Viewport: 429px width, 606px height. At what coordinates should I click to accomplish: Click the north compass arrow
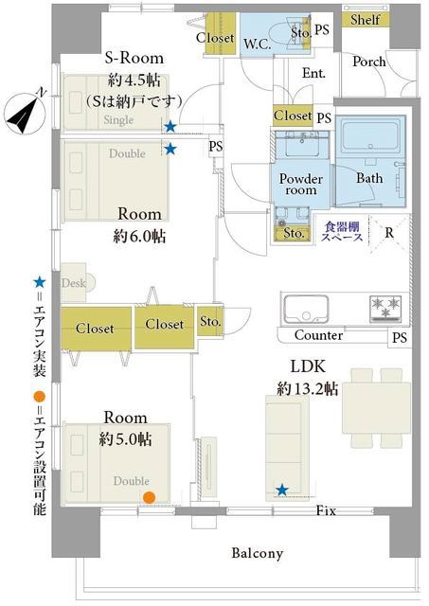25,112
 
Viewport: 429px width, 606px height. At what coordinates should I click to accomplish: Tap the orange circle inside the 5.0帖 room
149,497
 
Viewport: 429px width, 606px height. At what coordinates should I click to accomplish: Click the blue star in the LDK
282,490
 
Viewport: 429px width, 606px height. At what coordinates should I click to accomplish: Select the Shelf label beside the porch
366,19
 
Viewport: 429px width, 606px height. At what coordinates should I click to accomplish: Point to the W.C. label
257,44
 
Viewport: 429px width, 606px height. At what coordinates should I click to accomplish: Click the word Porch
369,62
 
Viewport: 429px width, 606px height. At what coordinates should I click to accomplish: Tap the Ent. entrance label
313,73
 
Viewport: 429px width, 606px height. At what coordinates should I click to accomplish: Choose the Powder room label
301,184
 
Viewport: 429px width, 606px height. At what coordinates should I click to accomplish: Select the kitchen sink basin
306,310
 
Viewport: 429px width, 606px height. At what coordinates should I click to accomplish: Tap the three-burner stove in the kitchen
385,309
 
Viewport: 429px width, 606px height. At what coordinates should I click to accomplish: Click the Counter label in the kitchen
318,335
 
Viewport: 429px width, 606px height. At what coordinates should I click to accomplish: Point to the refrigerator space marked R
389,233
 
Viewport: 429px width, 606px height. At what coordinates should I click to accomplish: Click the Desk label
74,283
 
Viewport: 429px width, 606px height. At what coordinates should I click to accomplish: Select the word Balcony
257,553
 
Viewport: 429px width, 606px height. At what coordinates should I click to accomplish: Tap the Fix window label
326,511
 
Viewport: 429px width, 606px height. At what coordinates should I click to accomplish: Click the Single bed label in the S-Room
118,120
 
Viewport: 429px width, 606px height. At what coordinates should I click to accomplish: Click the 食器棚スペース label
343,231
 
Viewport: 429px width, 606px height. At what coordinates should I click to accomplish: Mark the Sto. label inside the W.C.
301,33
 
